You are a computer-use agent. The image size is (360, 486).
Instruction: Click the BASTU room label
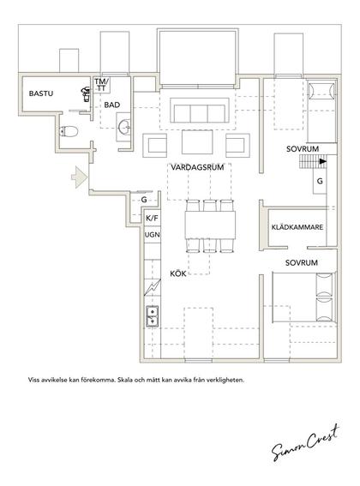tap(41, 93)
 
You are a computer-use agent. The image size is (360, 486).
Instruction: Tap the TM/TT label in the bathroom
tap(102, 85)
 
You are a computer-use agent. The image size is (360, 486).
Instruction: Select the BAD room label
tap(112, 105)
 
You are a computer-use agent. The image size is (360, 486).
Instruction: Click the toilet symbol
tap(69, 132)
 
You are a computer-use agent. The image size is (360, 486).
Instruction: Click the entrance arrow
tap(80, 177)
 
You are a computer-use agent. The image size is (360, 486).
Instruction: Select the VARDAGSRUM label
tap(197, 168)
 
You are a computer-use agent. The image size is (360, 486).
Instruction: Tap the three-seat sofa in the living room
tap(200, 111)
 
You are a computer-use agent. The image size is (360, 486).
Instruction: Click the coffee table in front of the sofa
tap(197, 142)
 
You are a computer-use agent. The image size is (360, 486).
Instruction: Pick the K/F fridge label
tap(152, 219)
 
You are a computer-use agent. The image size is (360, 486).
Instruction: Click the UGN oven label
tap(153, 235)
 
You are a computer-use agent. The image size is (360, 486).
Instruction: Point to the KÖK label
tap(178, 273)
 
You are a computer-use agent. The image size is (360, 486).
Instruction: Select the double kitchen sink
tap(153, 316)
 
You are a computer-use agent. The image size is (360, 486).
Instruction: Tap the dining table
tap(210, 225)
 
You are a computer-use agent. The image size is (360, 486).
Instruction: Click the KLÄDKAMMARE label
tap(297, 227)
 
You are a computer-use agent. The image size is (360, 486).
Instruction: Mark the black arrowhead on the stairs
tap(323, 161)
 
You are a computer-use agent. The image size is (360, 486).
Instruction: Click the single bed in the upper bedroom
tap(321, 111)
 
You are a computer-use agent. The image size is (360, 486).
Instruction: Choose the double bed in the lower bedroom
tap(304, 297)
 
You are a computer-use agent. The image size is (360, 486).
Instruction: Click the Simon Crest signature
tap(305, 442)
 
